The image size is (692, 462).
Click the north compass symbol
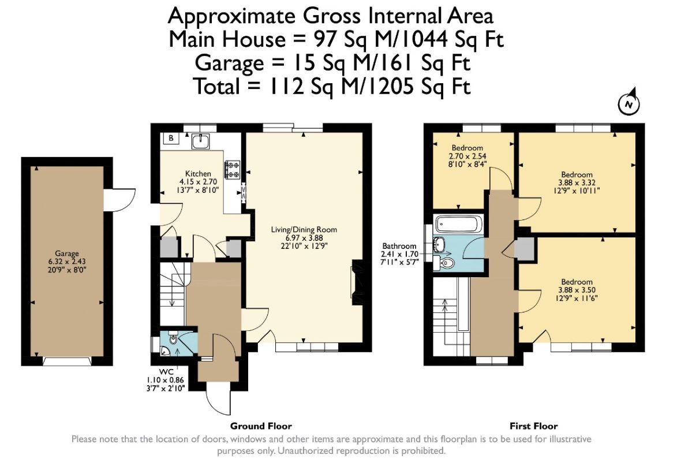pos(629,103)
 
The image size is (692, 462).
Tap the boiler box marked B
pos(171,138)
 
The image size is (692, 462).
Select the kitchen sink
pos(201,141)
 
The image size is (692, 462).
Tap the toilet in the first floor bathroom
pos(446,263)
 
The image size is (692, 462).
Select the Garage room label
pos(66,254)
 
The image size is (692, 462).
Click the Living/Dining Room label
pos(304,230)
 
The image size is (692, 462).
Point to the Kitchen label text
pos(198,174)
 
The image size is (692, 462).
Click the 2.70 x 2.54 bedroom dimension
pos(467,156)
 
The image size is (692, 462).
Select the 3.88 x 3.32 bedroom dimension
pos(577,182)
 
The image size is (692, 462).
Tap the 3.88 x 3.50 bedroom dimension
pos(577,290)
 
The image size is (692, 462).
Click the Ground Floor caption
pos(261,426)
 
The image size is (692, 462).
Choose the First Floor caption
pos(533,426)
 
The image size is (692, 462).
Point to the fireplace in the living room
pos(357,282)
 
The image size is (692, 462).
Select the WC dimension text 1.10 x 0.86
pos(165,380)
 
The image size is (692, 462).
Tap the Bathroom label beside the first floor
pos(399,246)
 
